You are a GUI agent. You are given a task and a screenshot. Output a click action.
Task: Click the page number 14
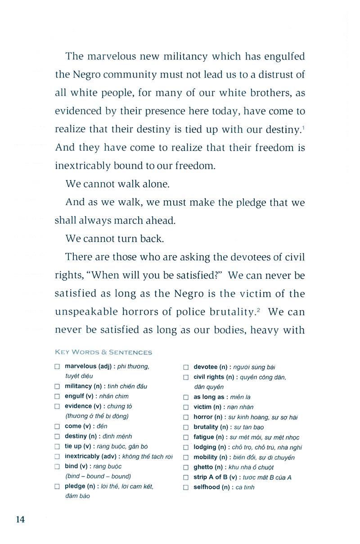click(x=20, y=520)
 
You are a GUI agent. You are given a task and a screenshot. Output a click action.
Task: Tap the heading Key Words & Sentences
click(x=103, y=352)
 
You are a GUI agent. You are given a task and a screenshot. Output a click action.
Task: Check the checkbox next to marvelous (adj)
click(x=57, y=367)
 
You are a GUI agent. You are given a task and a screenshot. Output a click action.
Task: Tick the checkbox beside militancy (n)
click(x=57, y=387)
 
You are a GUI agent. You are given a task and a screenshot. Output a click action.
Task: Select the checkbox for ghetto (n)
click(x=186, y=468)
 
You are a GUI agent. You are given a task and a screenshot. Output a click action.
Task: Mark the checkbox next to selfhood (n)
click(x=186, y=487)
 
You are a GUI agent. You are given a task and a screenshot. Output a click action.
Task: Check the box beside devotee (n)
click(x=186, y=367)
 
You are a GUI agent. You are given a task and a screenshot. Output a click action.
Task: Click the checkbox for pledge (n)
click(x=57, y=486)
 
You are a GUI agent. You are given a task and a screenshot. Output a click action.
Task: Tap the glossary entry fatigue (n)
click(x=208, y=437)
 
